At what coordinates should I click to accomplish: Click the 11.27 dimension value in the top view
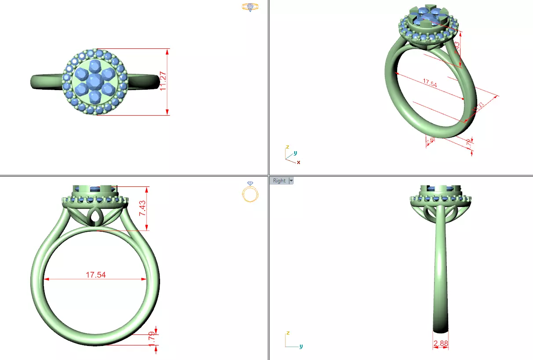pyautogui.click(x=163, y=82)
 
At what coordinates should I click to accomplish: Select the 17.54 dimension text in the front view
pyautogui.click(x=95, y=275)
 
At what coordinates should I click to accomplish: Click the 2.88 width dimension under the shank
pyautogui.click(x=441, y=343)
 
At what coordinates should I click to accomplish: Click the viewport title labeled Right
pyautogui.click(x=279, y=181)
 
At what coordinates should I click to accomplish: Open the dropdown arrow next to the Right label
pyautogui.click(x=291, y=181)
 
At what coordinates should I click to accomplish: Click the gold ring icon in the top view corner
pyautogui.click(x=250, y=7)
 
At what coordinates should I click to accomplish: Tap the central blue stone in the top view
pyautogui.click(x=95, y=81)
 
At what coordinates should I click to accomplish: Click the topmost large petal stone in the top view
pyautogui.click(x=95, y=67)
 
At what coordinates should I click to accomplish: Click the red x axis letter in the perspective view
pyautogui.click(x=299, y=162)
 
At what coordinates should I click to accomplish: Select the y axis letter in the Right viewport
pyautogui.click(x=301, y=346)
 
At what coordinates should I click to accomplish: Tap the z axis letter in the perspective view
pyautogui.click(x=287, y=147)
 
